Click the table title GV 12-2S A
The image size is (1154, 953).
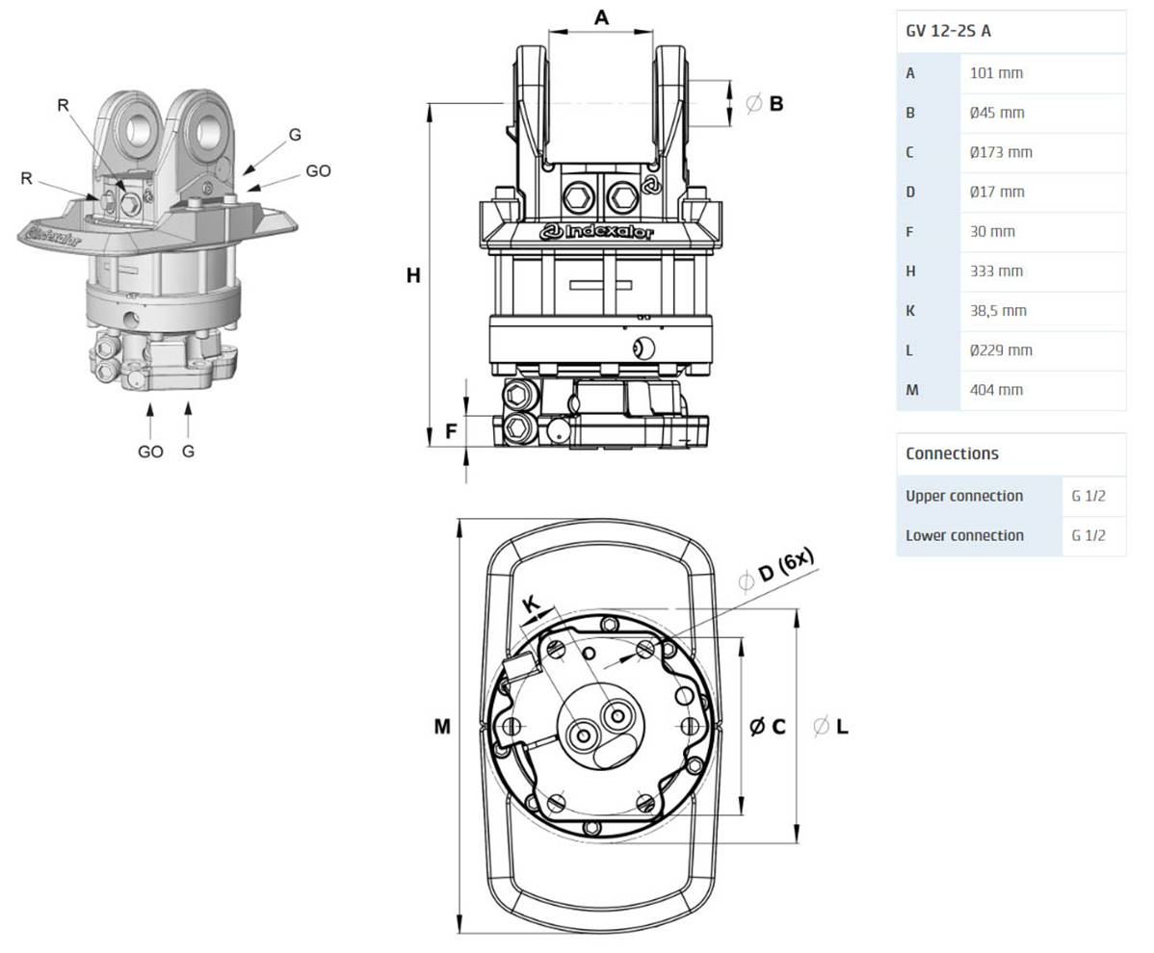(x=949, y=31)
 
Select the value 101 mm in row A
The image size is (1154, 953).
(x=996, y=73)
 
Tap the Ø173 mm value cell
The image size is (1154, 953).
(x=1001, y=152)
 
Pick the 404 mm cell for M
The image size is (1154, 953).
(x=996, y=390)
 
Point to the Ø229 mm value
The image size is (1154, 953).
(x=1001, y=350)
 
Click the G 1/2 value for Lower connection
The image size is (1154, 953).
(x=1088, y=535)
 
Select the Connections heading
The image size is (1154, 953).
(x=952, y=453)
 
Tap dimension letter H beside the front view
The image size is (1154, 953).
(x=413, y=276)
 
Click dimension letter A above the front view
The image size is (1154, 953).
(x=601, y=17)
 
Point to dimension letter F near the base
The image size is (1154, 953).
(x=451, y=432)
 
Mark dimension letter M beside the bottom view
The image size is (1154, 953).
(x=441, y=727)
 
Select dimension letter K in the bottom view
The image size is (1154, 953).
(x=532, y=605)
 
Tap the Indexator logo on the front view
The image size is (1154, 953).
(x=597, y=232)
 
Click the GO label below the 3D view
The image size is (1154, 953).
(x=150, y=451)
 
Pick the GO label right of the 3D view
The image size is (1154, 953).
(x=318, y=171)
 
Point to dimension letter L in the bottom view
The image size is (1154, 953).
(x=841, y=727)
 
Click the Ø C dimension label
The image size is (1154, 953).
(x=768, y=727)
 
